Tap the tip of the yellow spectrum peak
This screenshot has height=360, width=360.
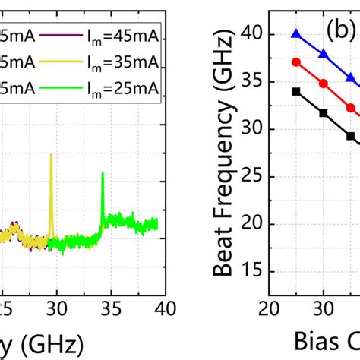click(x=51, y=154)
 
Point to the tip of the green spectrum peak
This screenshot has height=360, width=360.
click(x=103, y=173)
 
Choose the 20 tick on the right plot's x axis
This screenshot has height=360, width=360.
click(x=268, y=308)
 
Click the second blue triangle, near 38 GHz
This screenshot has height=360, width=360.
click(x=324, y=55)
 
